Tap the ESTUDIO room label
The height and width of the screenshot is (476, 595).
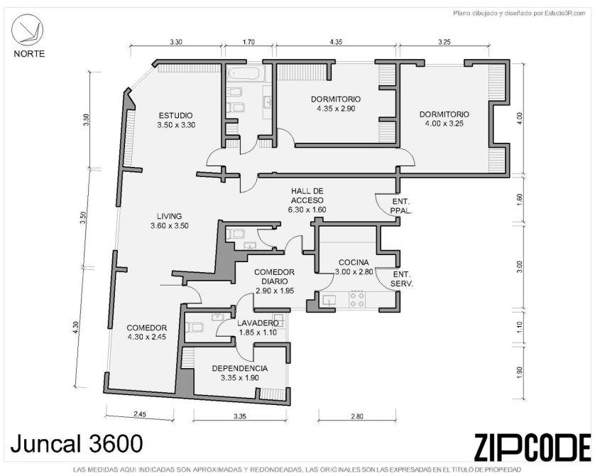175,115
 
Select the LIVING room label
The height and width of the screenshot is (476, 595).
169,216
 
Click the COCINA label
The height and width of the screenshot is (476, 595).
354,262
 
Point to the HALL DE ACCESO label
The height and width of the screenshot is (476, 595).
307,195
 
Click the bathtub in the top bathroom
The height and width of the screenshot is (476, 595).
245,73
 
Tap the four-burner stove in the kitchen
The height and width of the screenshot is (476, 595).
357,300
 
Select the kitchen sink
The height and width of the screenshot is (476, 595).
329,301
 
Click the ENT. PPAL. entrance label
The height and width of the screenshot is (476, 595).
401,206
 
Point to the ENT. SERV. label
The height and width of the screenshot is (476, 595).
403,278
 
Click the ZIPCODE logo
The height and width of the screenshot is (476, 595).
533,447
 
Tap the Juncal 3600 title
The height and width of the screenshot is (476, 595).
77,443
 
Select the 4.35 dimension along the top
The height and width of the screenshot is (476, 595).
336,42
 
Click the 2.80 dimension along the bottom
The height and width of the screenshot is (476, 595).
356,416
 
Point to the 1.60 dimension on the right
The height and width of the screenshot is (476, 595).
520,200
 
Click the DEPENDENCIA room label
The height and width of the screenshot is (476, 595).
240,368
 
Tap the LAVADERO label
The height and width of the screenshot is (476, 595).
258,323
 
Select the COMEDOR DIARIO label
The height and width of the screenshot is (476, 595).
274,276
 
